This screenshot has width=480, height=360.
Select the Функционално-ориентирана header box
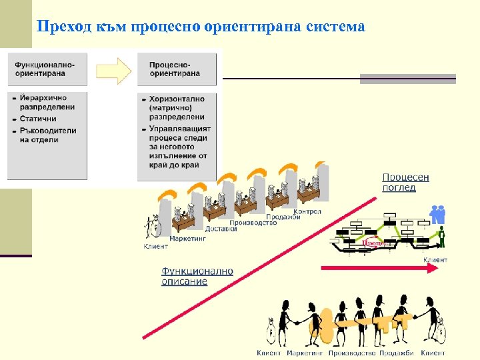(47, 68)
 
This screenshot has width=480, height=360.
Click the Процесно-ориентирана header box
(177, 68)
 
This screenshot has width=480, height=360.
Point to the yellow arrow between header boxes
(114, 69)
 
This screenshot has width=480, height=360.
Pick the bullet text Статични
(38, 119)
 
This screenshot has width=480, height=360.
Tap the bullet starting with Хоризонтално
(177, 107)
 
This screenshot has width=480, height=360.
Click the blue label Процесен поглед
(405, 182)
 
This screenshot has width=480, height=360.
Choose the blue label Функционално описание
(197, 276)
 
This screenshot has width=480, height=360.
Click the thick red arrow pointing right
(380, 267)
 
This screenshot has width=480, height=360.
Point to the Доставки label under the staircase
(221, 229)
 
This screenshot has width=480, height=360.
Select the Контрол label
(307, 211)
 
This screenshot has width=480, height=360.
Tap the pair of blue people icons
(437, 214)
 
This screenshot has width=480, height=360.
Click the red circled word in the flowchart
(373, 244)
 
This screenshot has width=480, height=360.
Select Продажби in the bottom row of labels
(399, 353)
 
